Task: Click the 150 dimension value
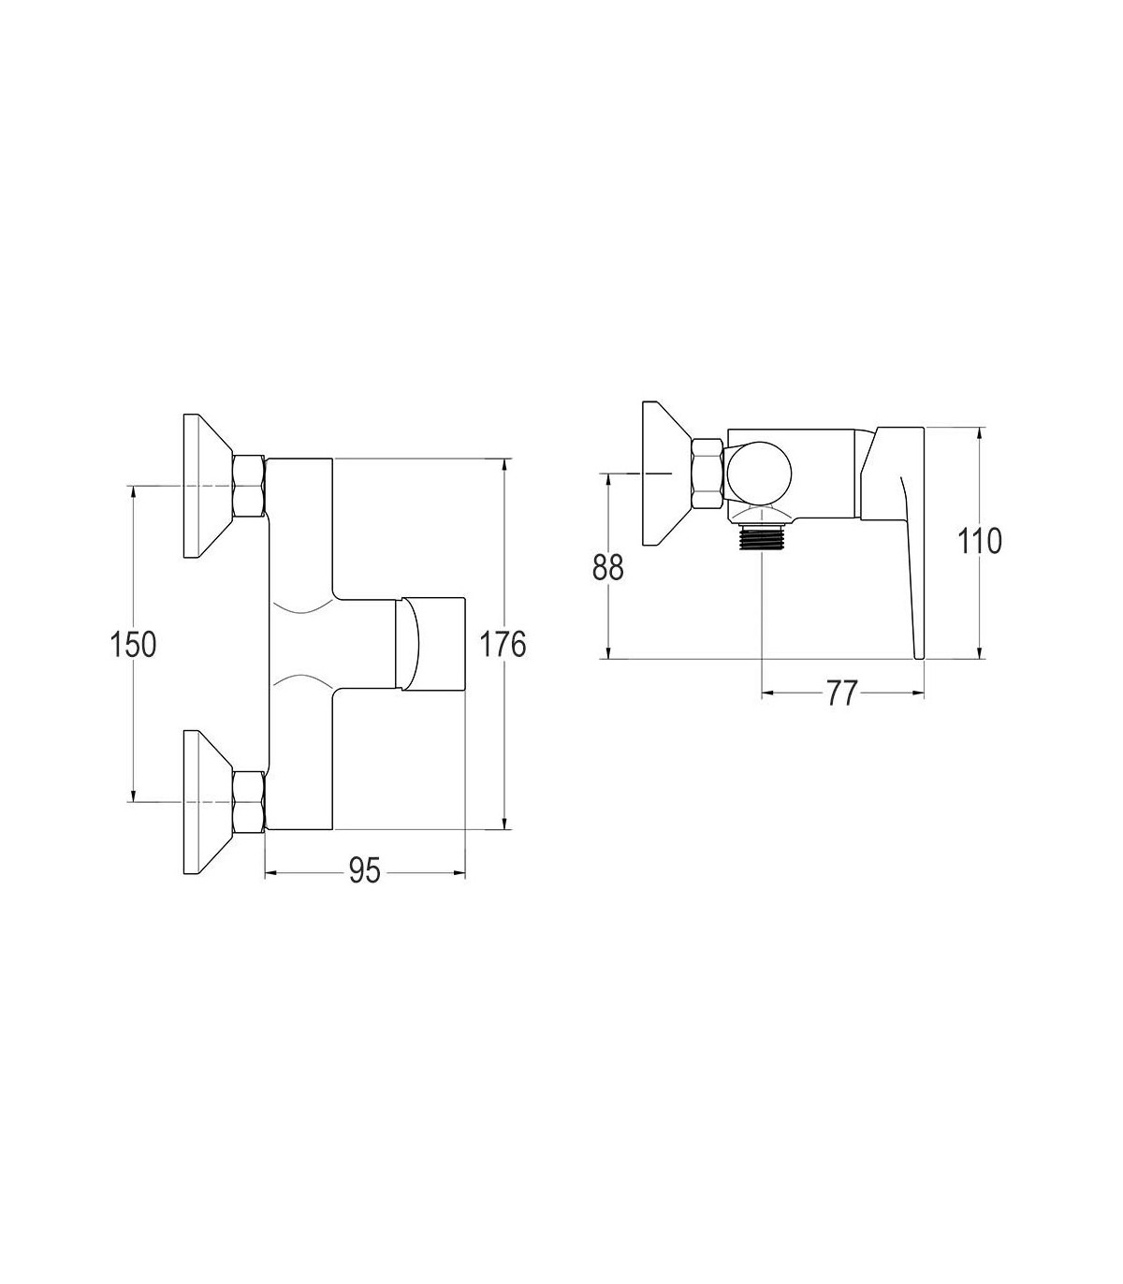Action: point(133,645)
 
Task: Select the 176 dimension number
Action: point(503,645)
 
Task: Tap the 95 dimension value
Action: point(364,871)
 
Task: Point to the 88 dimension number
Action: point(608,567)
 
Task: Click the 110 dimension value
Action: point(979,541)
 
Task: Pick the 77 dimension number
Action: point(841,693)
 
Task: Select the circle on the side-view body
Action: point(759,473)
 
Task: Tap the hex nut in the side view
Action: point(707,474)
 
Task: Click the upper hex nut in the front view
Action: point(248,487)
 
